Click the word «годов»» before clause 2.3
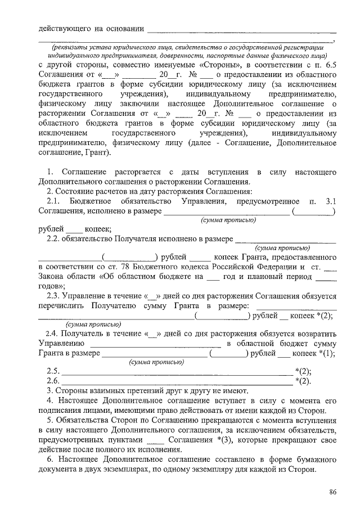pyautogui.click(x=51, y=286)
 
